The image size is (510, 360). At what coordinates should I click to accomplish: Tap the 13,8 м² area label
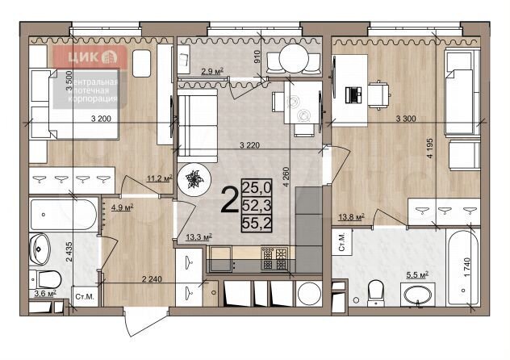(352, 216)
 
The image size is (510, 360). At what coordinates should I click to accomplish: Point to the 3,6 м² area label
(45, 293)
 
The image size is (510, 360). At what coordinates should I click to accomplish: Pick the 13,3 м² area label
(199, 237)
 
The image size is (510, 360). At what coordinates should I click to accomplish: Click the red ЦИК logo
(90, 57)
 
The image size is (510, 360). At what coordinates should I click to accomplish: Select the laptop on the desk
(353, 94)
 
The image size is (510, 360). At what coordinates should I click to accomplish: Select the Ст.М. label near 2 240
(82, 298)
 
